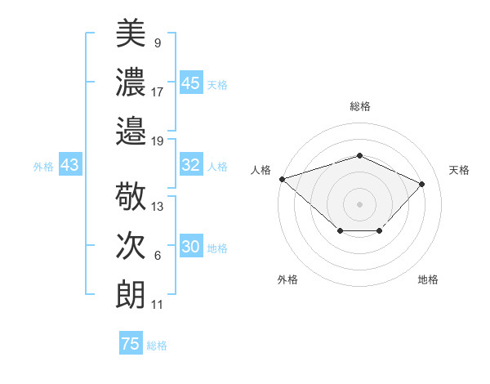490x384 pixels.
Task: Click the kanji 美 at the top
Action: tap(131, 34)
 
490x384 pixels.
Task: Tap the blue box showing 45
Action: tap(191, 83)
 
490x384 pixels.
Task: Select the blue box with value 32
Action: tap(191, 165)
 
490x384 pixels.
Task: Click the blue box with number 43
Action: tap(69, 165)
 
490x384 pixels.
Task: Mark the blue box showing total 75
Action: tap(130, 344)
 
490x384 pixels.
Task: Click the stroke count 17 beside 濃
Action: tap(158, 92)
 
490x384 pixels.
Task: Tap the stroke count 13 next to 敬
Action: tap(158, 207)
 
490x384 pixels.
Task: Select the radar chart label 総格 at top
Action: tap(360, 106)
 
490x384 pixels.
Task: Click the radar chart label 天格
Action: tap(460, 170)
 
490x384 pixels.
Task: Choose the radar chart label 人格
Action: tap(261, 170)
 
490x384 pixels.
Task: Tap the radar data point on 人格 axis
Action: tap(282, 179)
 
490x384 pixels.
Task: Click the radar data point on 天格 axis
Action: tap(421, 184)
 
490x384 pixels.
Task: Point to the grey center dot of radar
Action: tap(359, 203)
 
